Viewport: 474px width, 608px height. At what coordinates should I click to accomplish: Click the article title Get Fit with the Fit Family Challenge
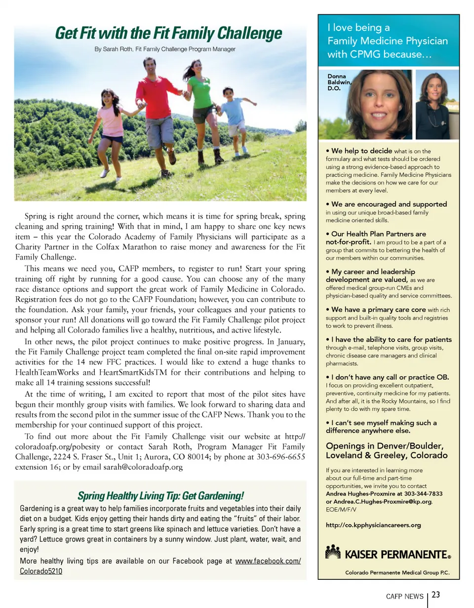pyautogui.click(x=168, y=34)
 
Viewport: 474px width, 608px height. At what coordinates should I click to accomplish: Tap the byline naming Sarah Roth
pyautogui.click(x=165, y=49)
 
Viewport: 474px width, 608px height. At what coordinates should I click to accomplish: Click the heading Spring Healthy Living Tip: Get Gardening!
pyautogui.click(x=160, y=495)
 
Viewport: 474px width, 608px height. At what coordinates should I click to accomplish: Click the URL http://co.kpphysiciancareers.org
pyautogui.click(x=374, y=525)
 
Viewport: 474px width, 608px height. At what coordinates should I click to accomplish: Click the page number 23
pyautogui.click(x=435, y=595)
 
